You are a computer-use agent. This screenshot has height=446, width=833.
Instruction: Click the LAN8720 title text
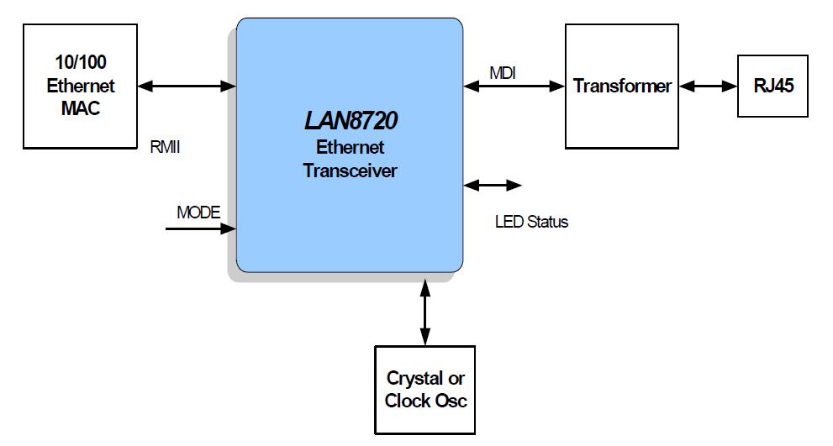[350, 122]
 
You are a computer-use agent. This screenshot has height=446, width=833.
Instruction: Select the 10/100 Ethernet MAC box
[81, 87]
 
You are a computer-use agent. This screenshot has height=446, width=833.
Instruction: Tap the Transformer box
[622, 87]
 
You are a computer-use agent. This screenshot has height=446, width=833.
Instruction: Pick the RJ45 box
[772, 86]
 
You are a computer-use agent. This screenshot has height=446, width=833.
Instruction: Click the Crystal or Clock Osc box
[425, 390]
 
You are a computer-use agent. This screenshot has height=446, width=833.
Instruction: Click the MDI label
[503, 74]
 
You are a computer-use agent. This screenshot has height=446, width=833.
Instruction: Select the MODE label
[198, 213]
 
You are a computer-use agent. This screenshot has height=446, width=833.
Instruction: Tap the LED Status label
[531, 223]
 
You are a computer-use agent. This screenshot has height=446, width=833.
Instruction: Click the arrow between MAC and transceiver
[187, 85]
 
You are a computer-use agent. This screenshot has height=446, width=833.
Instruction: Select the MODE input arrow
[200, 228]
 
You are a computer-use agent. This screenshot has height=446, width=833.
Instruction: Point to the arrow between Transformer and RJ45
[709, 86]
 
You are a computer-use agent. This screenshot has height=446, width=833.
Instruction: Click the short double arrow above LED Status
[493, 185]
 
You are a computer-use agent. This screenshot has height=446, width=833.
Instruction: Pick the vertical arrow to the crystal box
[425, 310]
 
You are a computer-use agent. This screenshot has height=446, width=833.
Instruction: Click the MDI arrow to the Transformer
[514, 85]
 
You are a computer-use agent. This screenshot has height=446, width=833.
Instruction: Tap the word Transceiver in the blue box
[350, 170]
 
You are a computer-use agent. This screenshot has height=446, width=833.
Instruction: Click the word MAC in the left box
[81, 108]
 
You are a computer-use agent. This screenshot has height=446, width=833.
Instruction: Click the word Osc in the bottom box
[450, 401]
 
